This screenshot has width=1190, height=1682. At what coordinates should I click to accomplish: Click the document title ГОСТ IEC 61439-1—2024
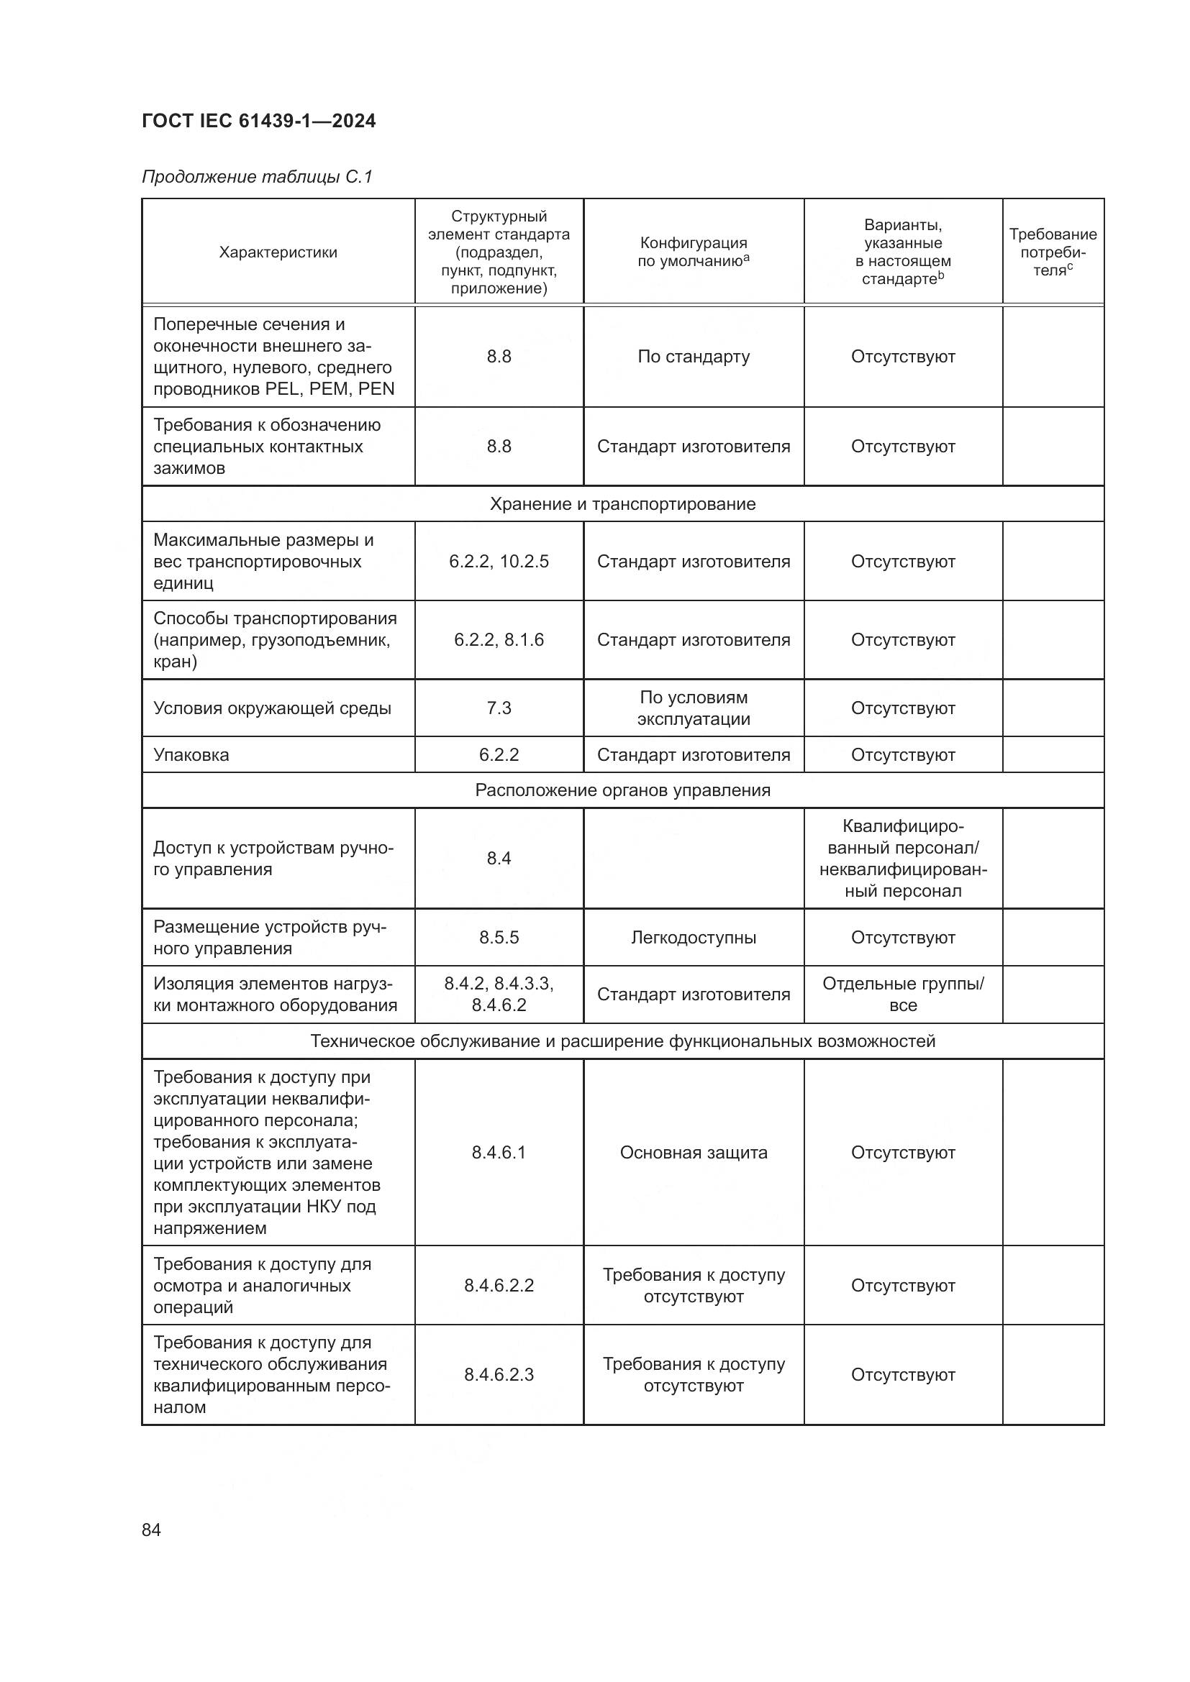click(x=259, y=121)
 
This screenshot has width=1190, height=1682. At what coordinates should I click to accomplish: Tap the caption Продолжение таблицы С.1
click(x=257, y=177)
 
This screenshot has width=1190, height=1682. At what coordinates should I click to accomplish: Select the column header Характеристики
click(x=278, y=252)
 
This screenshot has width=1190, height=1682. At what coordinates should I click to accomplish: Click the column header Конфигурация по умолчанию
click(x=693, y=252)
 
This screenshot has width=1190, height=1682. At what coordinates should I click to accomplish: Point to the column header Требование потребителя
click(x=1053, y=252)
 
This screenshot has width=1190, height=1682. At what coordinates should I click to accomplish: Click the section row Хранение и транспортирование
click(x=622, y=504)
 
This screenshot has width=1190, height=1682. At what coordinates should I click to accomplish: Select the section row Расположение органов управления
click(x=622, y=790)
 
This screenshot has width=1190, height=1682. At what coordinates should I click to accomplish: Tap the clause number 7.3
click(x=499, y=708)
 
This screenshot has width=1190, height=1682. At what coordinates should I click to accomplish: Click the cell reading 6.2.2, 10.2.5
click(x=499, y=561)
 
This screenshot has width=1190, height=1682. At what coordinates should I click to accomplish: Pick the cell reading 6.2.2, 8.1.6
click(x=499, y=639)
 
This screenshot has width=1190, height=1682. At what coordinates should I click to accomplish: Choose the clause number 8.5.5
click(x=499, y=938)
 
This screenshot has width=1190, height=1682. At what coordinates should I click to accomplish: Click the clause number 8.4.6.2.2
click(x=499, y=1286)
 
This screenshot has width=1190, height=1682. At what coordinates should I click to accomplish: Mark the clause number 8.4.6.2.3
click(x=499, y=1375)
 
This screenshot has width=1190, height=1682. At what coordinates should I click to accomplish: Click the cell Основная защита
click(x=693, y=1152)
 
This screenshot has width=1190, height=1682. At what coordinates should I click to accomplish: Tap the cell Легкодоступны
click(x=693, y=938)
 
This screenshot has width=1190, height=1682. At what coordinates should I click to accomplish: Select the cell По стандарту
click(x=693, y=357)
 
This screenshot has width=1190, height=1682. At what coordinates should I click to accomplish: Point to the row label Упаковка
click(x=191, y=755)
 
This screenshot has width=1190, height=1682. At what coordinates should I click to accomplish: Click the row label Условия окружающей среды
click(x=272, y=708)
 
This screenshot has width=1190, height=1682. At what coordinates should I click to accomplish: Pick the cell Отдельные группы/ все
click(x=903, y=994)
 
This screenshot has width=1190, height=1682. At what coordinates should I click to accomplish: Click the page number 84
click(x=151, y=1530)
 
